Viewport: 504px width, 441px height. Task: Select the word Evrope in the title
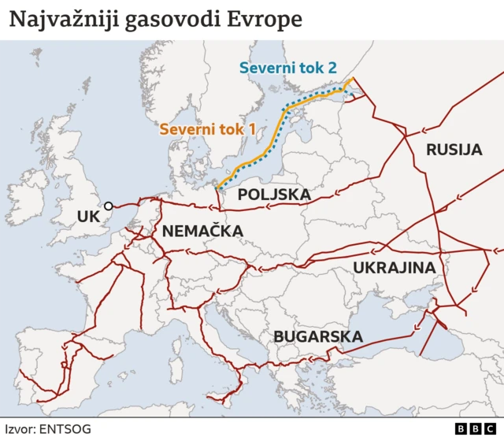click(265, 20)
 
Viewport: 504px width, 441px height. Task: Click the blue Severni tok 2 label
click(287, 68)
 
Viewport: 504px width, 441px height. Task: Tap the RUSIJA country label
click(453, 150)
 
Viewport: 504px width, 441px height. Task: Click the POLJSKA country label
click(273, 194)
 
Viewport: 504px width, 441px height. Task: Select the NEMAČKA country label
click(202, 232)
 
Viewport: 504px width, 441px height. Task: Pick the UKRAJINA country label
click(394, 268)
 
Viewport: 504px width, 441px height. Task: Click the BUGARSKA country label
click(317, 337)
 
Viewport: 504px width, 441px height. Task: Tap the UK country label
click(87, 216)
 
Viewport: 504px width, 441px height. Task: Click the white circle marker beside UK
click(108, 207)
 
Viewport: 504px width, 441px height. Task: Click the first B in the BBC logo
click(461, 428)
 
